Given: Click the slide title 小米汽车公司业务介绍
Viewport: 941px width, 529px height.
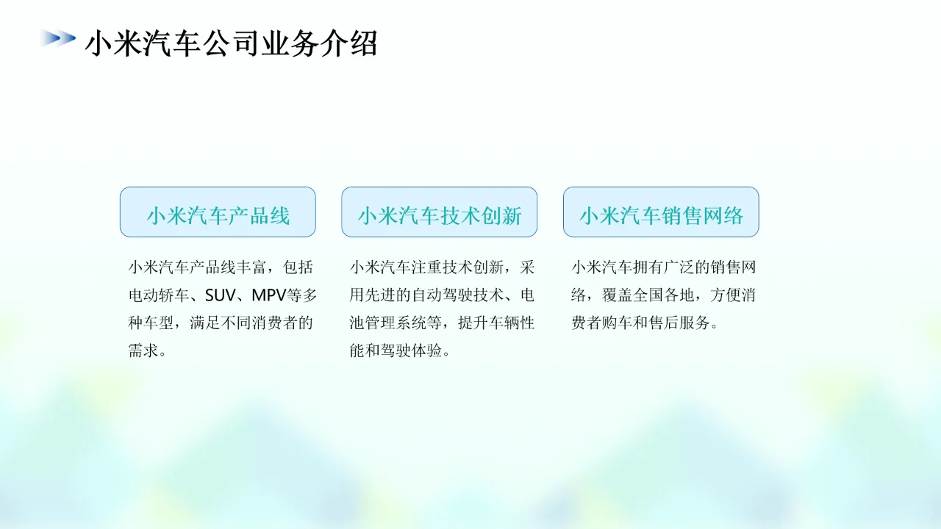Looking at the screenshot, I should pyautogui.click(x=232, y=43).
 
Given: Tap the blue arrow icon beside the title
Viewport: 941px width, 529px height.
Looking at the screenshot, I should pyautogui.click(x=58, y=37).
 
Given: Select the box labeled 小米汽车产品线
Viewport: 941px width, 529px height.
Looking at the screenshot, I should pyautogui.click(x=218, y=212).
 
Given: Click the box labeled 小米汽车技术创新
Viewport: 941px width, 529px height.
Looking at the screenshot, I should pyautogui.click(x=439, y=212).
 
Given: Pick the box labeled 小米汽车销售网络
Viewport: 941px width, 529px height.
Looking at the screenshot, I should pyautogui.click(x=661, y=212).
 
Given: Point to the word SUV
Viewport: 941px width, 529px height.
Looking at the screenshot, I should pyautogui.click(x=219, y=295).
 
